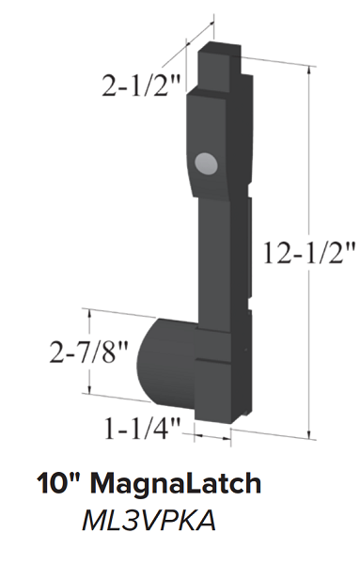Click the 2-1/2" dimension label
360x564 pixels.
pos(141,86)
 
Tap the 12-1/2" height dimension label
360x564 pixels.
pos(309,253)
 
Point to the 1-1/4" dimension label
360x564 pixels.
pos(142,428)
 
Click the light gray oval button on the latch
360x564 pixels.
pos(206,164)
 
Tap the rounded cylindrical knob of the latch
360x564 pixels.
pos(166,362)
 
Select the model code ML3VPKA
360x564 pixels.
pos(149,521)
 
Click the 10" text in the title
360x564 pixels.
pos(61,483)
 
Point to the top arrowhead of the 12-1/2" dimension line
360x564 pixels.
pos(308,70)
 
